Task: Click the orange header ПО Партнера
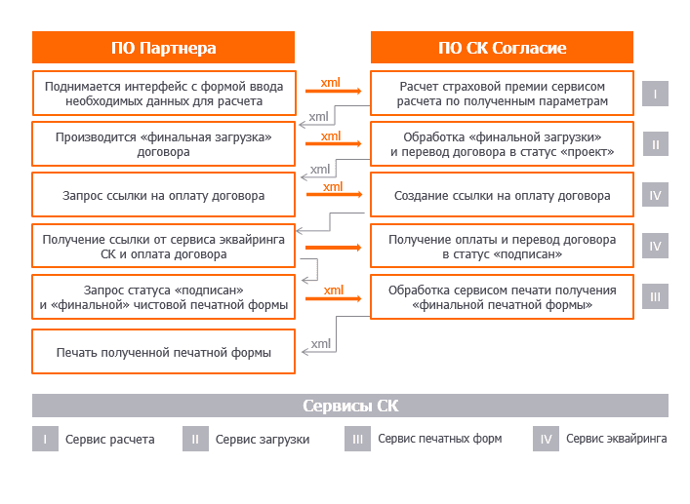click(x=163, y=48)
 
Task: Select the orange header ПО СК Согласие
click(x=502, y=48)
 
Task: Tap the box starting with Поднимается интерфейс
click(x=163, y=94)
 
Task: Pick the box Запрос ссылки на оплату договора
click(x=163, y=195)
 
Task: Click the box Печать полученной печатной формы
click(x=163, y=352)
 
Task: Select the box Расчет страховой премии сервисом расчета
click(x=502, y=94)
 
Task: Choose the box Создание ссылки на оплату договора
click(x=502, y=195)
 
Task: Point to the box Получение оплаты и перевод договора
click(x=502, y=247)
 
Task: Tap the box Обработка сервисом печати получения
click(x=502, y=297)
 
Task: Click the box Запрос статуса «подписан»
click(x=163, y=297)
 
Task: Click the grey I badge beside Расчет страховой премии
click(x=655, y=95)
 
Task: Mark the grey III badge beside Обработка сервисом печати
click(x=655, y=296)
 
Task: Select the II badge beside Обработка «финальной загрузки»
click(x=655, y=145)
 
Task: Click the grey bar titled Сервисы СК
click(x=349, y=406)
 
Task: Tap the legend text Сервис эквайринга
click(x=616, y=439)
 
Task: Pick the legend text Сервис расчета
click(x=109, y=440)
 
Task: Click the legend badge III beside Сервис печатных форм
click(x=357, y=439)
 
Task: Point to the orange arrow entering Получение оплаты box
click(x=332, y=248)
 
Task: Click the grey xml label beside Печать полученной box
click(x=321, y=344)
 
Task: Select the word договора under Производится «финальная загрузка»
click(x=163, y=152)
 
